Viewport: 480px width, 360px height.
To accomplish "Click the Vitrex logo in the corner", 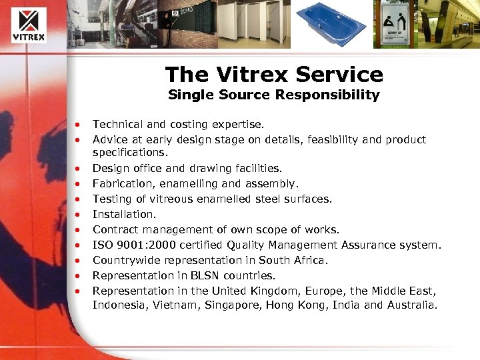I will (28, 24).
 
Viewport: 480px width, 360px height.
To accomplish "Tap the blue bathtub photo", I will (331, 24).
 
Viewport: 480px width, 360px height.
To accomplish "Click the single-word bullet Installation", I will (124, 214).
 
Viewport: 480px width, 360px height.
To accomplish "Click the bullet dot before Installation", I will (79, 215).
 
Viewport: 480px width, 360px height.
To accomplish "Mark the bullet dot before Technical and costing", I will (79, 125).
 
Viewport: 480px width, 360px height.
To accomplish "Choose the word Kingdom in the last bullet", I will (280, 291).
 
